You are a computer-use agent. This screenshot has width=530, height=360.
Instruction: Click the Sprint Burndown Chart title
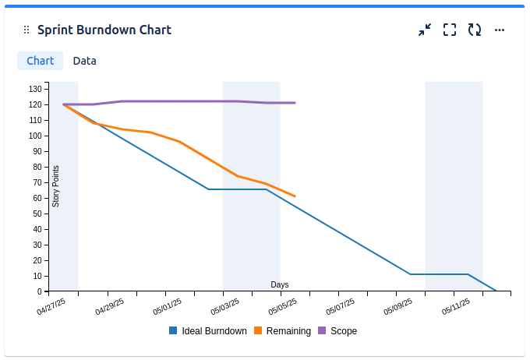click(104, 30)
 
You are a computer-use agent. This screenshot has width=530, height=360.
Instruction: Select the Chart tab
click(40, 61)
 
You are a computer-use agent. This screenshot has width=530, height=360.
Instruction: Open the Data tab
click(85, 61)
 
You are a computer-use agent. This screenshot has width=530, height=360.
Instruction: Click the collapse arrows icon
click(425, 30)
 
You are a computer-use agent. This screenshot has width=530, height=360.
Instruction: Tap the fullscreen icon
click(450, 30)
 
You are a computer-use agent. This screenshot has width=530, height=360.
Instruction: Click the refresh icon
click(475, 30)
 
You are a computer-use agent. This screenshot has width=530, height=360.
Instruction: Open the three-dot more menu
click(500, 30)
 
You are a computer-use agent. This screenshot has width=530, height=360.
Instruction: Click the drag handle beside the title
click(26, 30)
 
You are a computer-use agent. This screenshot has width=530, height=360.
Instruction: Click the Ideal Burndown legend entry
click(208, 331)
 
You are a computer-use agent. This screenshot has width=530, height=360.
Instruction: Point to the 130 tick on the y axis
click(35, 89)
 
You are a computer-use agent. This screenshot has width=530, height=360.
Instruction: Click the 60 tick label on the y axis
click(37, 198)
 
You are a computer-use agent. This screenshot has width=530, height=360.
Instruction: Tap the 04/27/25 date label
click(51, 307)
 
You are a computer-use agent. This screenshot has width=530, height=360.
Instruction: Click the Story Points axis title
click(56, 185)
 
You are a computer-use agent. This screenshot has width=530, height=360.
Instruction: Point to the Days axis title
click(280, 284)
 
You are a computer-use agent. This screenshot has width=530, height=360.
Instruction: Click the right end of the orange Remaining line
click(295, 196)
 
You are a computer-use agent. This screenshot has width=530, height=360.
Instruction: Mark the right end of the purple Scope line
click(295, 103)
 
